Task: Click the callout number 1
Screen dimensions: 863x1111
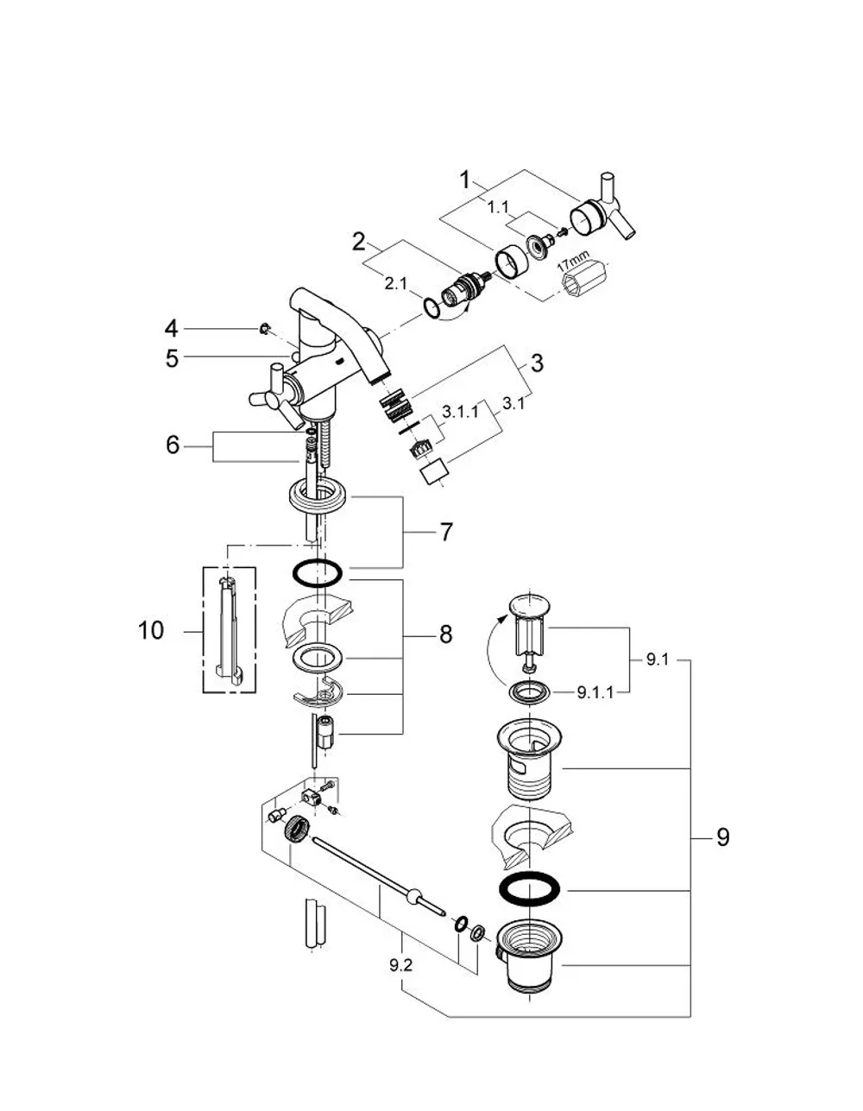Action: tap(464, 180)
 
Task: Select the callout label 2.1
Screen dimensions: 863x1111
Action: tap(395, 284)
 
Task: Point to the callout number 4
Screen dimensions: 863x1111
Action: tap(171, 328)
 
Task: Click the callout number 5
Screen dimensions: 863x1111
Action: tap(173, 358)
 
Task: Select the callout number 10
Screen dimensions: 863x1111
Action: tap(151, 630)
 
